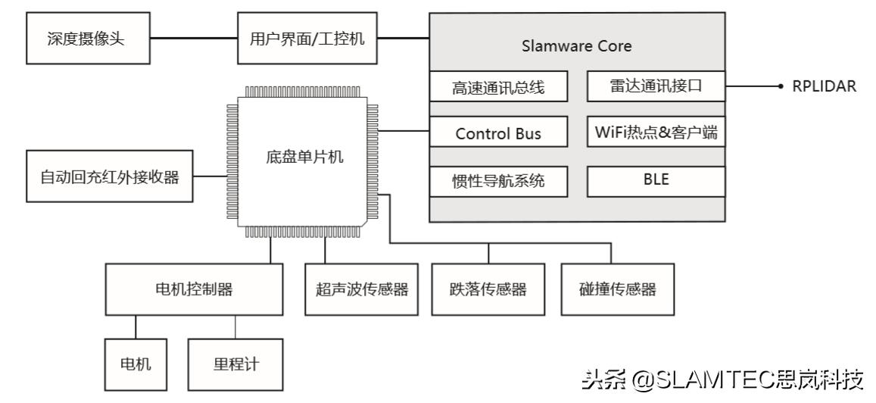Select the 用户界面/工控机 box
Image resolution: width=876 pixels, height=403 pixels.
pos(307,38)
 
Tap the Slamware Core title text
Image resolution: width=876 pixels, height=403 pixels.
pos(576,46)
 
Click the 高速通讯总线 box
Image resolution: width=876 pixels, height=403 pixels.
pos(497,87)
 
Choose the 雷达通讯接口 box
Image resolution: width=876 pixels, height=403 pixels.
pos(655,86)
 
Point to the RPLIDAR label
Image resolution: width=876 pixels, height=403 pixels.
pos(824,86)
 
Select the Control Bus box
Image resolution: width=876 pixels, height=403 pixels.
pos(497,133)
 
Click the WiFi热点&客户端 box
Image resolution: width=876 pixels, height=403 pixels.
pos(655,133)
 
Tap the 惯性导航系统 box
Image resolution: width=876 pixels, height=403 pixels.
pos(497,181)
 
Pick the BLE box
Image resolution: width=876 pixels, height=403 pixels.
pos(655,180)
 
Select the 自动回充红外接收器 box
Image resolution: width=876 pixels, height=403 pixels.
pos(110,177)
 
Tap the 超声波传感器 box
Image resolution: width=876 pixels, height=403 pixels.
pos(361,289)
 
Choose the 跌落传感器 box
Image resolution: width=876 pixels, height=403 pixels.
pos(488,289)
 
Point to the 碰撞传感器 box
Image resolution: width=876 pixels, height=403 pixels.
pos(618,289)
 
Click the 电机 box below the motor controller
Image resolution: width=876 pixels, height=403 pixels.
pos(136,363)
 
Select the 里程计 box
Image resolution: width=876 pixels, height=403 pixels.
pos(235,363)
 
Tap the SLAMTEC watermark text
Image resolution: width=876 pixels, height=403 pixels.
pos(722,379)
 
